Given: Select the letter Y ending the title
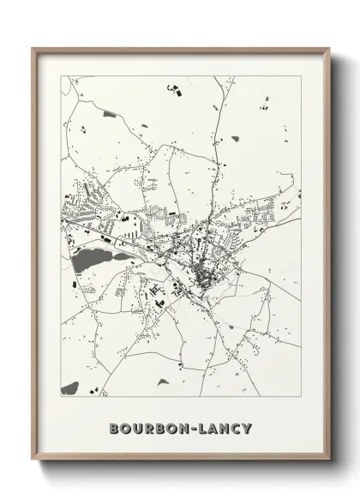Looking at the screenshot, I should (x=247, y=428).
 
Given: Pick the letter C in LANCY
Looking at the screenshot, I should (x=235, y=428).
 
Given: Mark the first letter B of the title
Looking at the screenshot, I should (x=114, y=428).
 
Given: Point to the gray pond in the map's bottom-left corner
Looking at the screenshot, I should (x=69, y=388).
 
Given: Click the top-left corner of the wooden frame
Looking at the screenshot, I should (x=33, y=48).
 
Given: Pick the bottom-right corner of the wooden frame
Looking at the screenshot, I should (x=329, y=459).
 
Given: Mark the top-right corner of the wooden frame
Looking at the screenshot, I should (x=329, y=48).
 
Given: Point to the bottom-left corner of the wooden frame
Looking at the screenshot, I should (x=33, y=459).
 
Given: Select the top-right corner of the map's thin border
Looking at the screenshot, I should (x=301, y=76).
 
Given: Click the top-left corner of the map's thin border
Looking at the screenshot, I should (x=61, y=76).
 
